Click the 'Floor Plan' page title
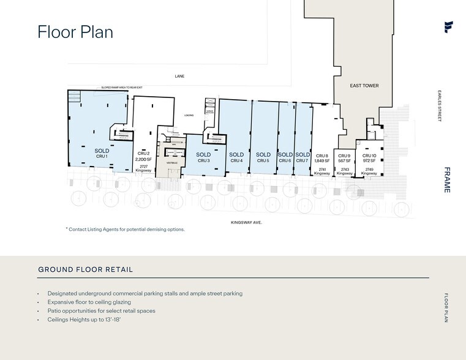point(75,32)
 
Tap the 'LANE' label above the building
point(179,77)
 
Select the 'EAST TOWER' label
point(364,86)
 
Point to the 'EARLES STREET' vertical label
point(439,106)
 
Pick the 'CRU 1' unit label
point(102,156)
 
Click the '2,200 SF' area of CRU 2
point(143,159)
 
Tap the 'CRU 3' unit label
point(203,160)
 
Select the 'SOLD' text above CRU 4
point(236,155)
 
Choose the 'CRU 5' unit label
point(263,160)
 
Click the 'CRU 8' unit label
point(322,156)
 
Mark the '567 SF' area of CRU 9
point(344,161)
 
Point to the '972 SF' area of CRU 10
point(369,161)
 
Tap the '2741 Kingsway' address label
point(322,171)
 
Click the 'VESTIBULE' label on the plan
point(171,163)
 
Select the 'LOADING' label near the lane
point(189,115)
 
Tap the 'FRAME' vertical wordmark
point(447,180)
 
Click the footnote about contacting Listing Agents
point(125,229)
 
